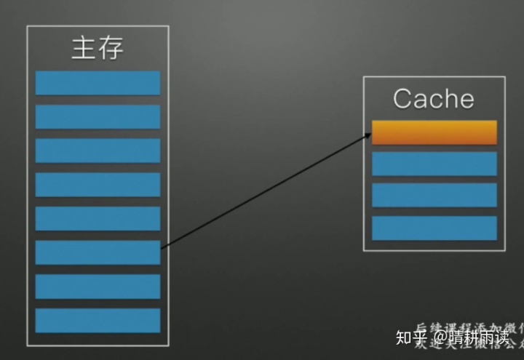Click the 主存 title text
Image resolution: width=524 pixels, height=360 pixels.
pos(98,48)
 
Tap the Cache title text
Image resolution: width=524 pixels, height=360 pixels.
pos(433,99)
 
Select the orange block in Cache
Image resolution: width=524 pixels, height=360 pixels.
pos(434,132)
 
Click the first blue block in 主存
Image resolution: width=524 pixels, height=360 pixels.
pos(98,83)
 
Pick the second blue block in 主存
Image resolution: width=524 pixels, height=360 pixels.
pos(98,116)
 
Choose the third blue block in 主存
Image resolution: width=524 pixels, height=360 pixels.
pos(98,151)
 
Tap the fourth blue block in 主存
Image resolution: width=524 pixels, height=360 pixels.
pos(98,184)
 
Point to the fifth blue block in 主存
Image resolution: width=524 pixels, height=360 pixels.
pos(98,218)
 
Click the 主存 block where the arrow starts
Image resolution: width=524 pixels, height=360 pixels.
pos(98,252)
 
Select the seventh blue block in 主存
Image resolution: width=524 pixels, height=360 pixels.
pos(98,286)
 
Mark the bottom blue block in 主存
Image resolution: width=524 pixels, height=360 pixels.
pos(98,320)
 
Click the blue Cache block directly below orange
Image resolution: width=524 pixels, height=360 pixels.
pos(434,164)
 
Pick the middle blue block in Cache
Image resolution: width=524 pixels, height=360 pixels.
pos(434,195)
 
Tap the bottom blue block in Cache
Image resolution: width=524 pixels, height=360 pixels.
pos(434,228)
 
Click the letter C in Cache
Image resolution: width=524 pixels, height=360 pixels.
pos(402,99)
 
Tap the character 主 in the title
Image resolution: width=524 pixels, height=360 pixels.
pos(84,48)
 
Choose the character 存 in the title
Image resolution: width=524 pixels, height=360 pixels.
pos(111,48)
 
